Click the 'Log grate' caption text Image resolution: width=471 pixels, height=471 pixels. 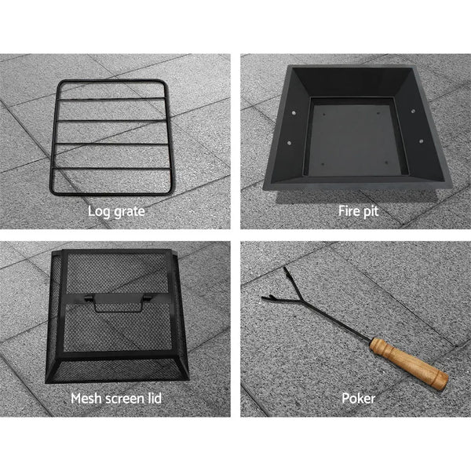(x=116, y=212)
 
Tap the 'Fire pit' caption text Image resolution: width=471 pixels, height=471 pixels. (x=358, y=211)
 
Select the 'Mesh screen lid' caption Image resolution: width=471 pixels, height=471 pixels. (x=116, y=399)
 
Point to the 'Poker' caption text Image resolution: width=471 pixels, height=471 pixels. (x=359, y=399)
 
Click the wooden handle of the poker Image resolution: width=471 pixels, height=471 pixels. (x=409, y=363)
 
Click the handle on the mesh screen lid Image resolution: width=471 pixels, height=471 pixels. (x=118, y=303)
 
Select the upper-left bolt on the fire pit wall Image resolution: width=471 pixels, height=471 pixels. (x=294, y=113)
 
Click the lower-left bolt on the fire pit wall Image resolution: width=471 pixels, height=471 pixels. (x=289, y=143)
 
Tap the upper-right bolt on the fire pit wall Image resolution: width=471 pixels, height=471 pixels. (x=414, y=111)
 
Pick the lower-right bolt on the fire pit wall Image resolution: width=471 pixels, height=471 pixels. (x=421, y=141)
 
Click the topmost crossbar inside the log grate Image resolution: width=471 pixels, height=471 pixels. (x=111, y=98)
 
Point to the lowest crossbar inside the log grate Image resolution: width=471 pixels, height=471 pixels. (x=112, y=168)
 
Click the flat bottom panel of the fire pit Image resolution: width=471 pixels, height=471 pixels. (x=355, y=141)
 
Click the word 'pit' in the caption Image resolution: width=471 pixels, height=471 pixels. (x=371, y=212)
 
